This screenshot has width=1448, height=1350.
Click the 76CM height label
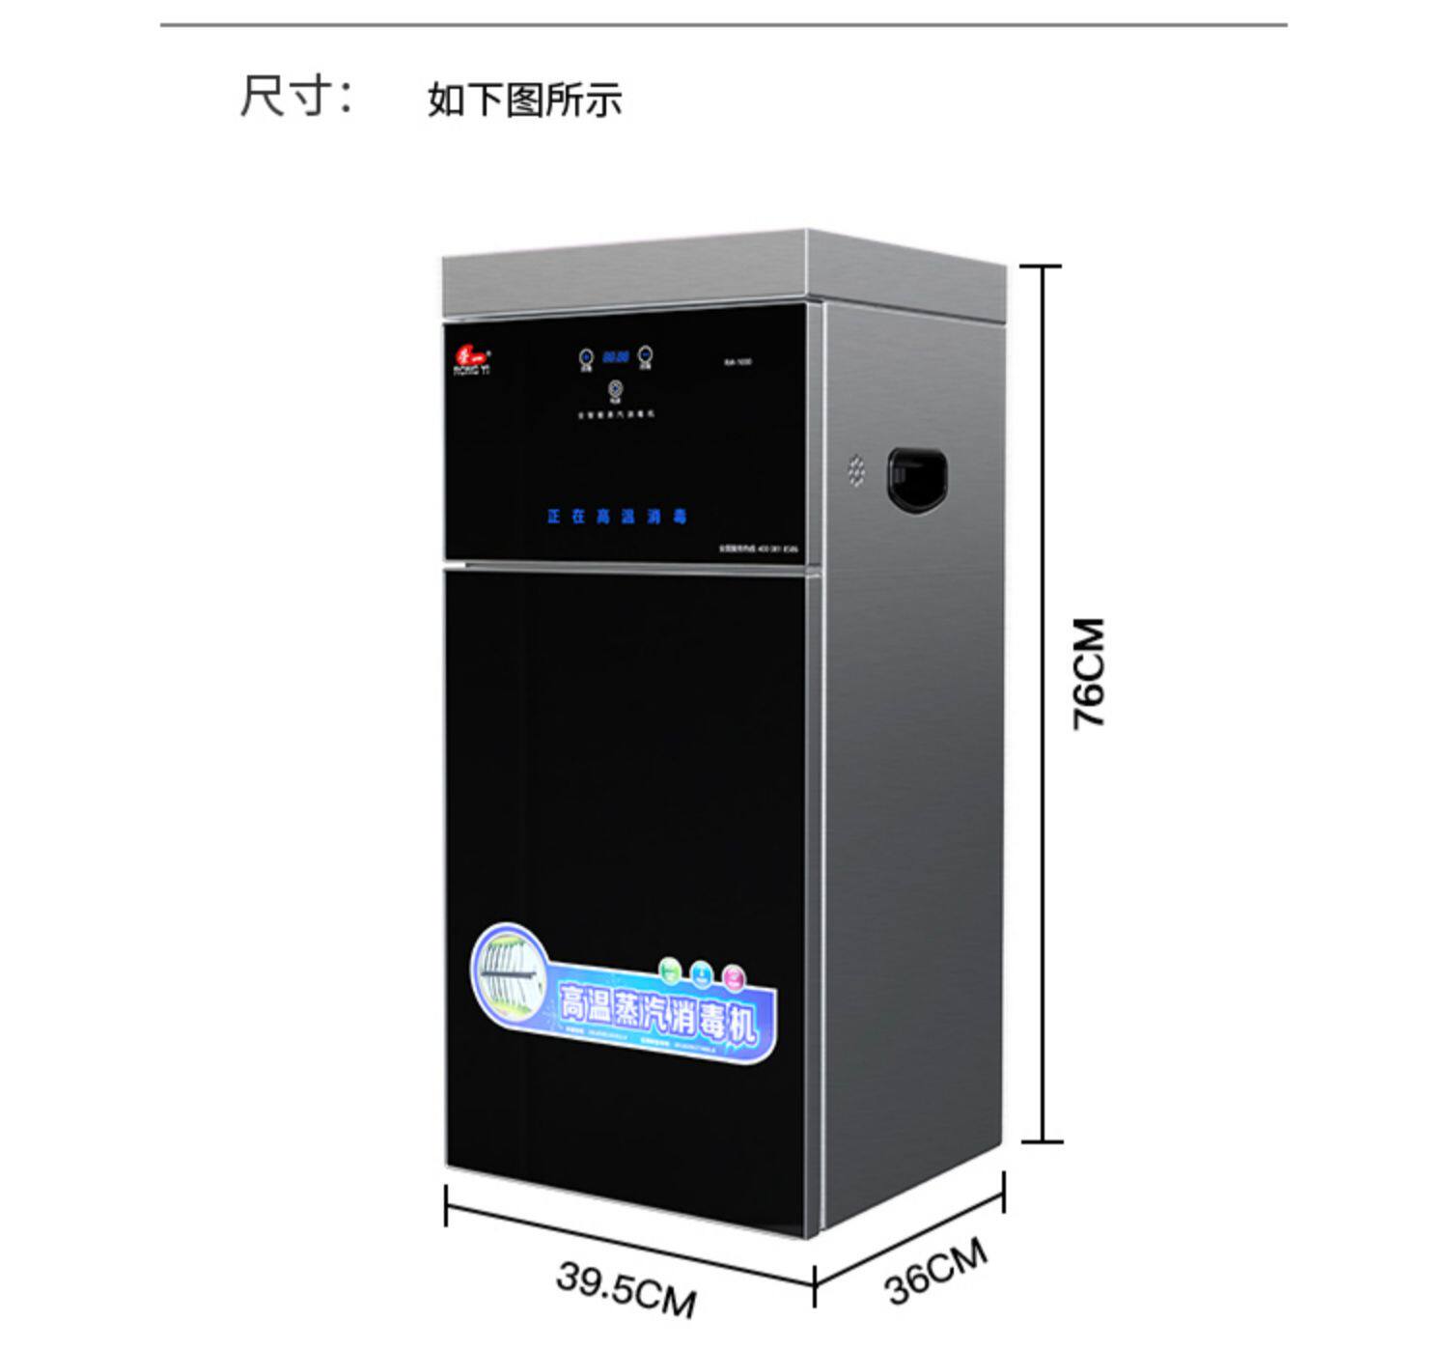1088,673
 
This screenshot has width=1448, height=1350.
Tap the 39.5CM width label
626,1288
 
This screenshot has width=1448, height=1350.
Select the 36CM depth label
935,1270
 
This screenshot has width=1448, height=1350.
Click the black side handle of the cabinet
916,479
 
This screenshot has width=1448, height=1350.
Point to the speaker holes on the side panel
856,470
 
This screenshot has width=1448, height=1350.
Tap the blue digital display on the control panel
616,357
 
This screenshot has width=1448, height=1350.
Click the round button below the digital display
615,390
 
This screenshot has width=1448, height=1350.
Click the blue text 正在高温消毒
616,517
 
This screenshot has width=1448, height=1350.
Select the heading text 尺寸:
295,97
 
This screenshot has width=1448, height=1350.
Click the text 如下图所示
524,99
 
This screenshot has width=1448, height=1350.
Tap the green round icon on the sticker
669,968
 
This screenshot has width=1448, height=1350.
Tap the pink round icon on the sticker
734,976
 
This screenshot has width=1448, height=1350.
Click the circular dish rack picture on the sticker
509,973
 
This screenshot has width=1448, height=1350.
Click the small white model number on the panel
738,362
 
